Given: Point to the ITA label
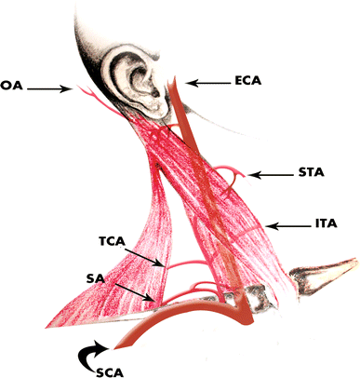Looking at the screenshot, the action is pos(326,223).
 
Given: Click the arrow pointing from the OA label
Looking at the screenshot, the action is pos(51,88).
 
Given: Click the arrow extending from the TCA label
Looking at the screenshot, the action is pos(145,253).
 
